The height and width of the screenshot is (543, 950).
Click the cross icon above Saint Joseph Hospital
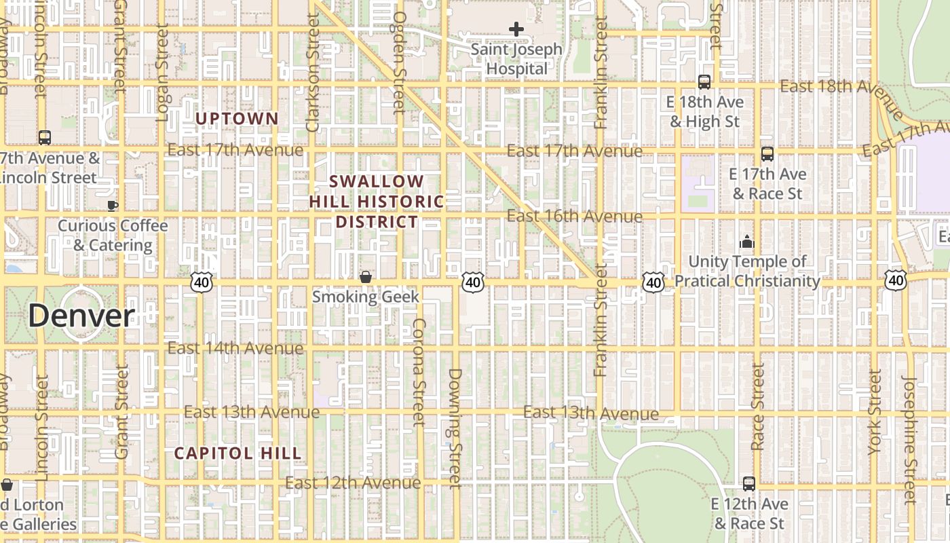tap(516, 29)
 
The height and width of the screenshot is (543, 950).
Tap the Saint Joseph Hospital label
tap(516, 59)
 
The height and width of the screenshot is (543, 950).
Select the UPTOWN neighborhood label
tap(237, 119)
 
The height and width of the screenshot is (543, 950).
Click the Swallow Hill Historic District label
tap(377, 202)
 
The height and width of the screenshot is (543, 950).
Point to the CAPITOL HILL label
tap(237, 453)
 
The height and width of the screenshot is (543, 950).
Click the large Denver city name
tap(81, 316)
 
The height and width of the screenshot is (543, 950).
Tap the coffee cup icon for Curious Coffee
tap(113, 206)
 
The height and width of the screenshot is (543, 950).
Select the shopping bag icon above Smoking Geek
tap(366, 277)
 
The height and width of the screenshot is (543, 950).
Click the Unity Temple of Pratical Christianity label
tap(747, 271)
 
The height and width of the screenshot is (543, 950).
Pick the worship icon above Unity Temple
tap(747, 242)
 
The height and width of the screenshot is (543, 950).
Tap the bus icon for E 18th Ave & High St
tap(704, 82)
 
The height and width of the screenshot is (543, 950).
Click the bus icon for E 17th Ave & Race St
tap(767, 154)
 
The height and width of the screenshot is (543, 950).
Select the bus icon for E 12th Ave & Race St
tap(749, 484)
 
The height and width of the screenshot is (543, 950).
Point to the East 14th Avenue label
tap(235, 348)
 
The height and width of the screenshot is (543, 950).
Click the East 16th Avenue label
tap(574, 217)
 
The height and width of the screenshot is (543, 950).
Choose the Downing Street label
tap(455, 428)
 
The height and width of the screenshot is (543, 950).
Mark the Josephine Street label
tap(910, 440)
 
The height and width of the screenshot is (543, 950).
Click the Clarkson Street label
tap(313, 73)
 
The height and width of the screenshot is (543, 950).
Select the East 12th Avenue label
tap(353, 483)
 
